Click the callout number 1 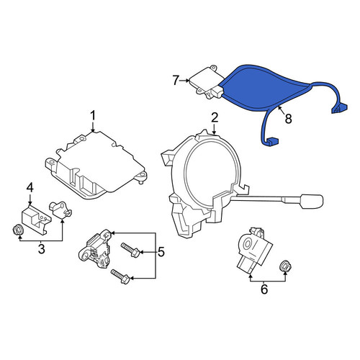(x=93, y=115)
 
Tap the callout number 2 (x=215, y=117)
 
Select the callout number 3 (x=42, y=249)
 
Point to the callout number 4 (x=30, y=187)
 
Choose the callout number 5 (x=161, y=252)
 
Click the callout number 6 (x=264, y=289)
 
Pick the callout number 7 (x=176, y=80)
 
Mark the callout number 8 (x=288, y=118)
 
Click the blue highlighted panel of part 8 (x=261, y=86)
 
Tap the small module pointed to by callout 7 (x=207, y=81)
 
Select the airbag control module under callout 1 (x=96, y=166)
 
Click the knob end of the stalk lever (x=312, y=201)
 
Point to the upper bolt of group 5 (x=130, y=250)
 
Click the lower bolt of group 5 (x=120, y=276)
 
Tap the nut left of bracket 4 (x=18, y=230)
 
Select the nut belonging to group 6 (x=285, y=266)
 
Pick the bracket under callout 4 (x=36, y=218)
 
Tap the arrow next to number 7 (x=184, y=81)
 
